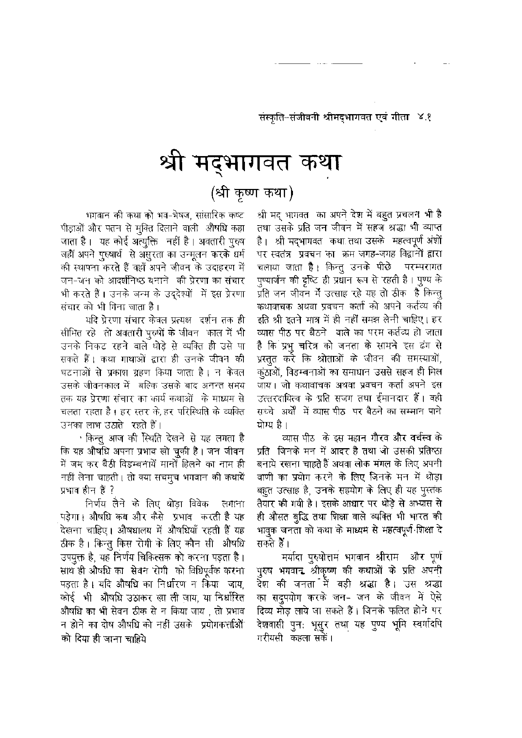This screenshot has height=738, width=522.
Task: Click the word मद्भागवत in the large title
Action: point(244,163)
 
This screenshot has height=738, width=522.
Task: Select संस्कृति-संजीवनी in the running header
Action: point(287,118)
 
